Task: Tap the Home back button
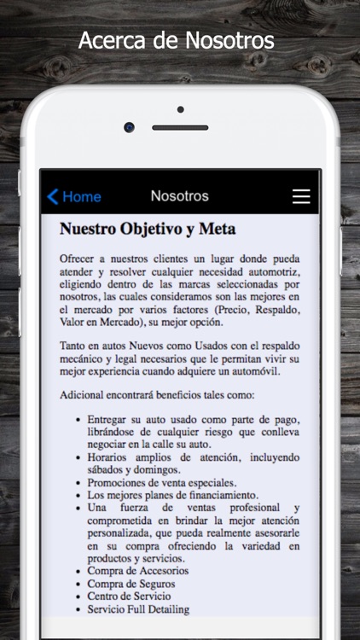pyautogui.click(x=74, y=196)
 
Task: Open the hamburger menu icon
pyautogui.click(x=301, y=196)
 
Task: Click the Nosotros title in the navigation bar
pyautogui.click(x=179, y=196)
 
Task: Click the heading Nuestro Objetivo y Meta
pyautogui.click(x=148, y=230)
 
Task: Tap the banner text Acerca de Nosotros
pyautogui.click(x=177, y=40)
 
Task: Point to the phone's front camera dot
pyautogui.click(x=129, y=127)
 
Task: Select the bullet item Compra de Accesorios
pyautogui.click(x=137, y=570)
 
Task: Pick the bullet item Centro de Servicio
pyautogui.click(x=129, y=596)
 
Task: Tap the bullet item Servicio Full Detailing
pyautogui.click(x=137, y=609)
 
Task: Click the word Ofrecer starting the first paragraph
pyautogui.click(x=78, y=259)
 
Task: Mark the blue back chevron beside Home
pyautogui.click(x=53, y=196)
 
